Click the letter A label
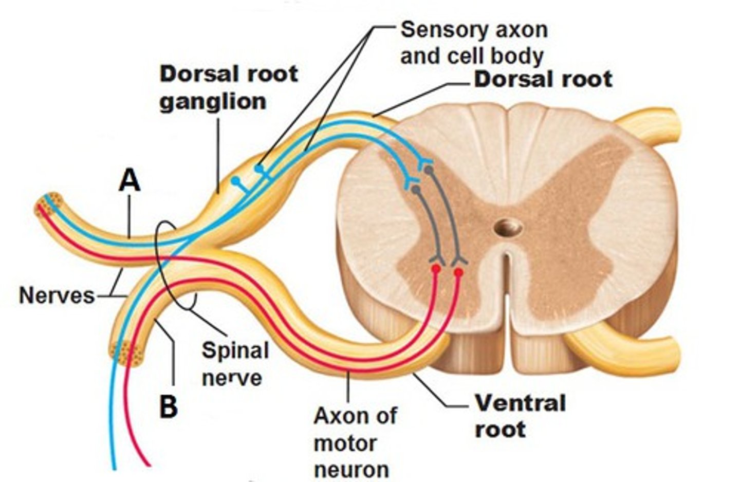pyautogui.click(x=129, y=181)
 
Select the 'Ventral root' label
pyautogui.click(x=519, y=416)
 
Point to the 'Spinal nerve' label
pyautogui.click(x=234, y=364)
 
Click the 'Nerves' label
pyautogui.click(x=57, y=295)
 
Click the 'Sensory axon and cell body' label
pyautogui.click(x=473, y=43)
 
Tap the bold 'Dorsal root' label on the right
pyautogui.click(x=543, y=79)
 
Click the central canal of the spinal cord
pyautogui.click(x=509, y=227)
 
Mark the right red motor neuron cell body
pyautogui.click(x=458, y=271)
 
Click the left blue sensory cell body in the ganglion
pyautogui.click(x=235, y=180)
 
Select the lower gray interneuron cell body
pyautogui.click(x=416, y=190)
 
